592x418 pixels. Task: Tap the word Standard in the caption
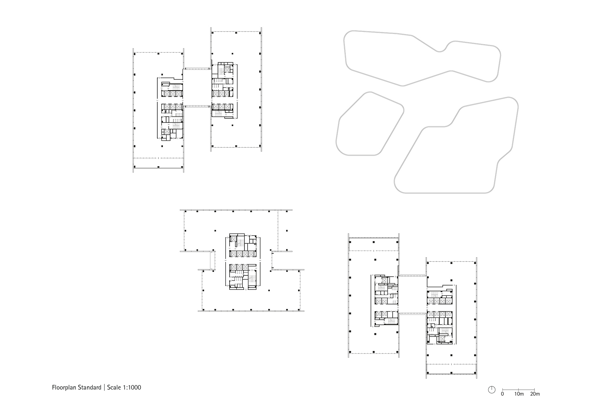click(89, 387)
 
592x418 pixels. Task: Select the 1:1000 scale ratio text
click(132, 387)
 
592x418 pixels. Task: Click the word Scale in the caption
click(114, 387)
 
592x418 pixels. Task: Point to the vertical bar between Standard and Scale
click(104, 387)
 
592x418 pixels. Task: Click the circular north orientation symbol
click(492, 390)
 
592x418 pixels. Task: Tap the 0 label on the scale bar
click(502, 394)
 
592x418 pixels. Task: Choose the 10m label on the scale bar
click(519, 394)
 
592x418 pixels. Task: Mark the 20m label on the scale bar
click(535, 394)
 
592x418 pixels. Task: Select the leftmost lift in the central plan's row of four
click(233, 254)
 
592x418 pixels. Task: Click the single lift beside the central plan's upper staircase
click(233, 239)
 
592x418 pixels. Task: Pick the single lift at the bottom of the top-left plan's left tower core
click(167, 131)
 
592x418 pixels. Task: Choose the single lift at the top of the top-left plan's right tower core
click(227, 70)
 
